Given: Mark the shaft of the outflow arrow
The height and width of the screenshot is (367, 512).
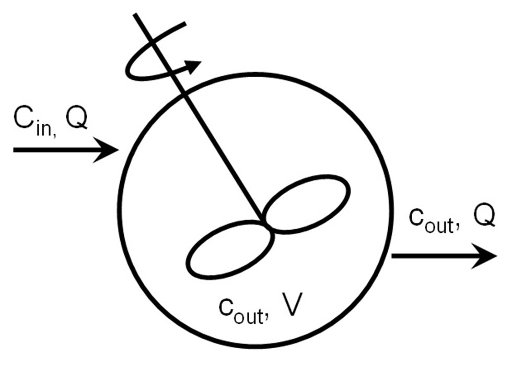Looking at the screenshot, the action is [434, 256].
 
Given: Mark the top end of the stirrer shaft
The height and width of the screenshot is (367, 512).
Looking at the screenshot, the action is [136, 16].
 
